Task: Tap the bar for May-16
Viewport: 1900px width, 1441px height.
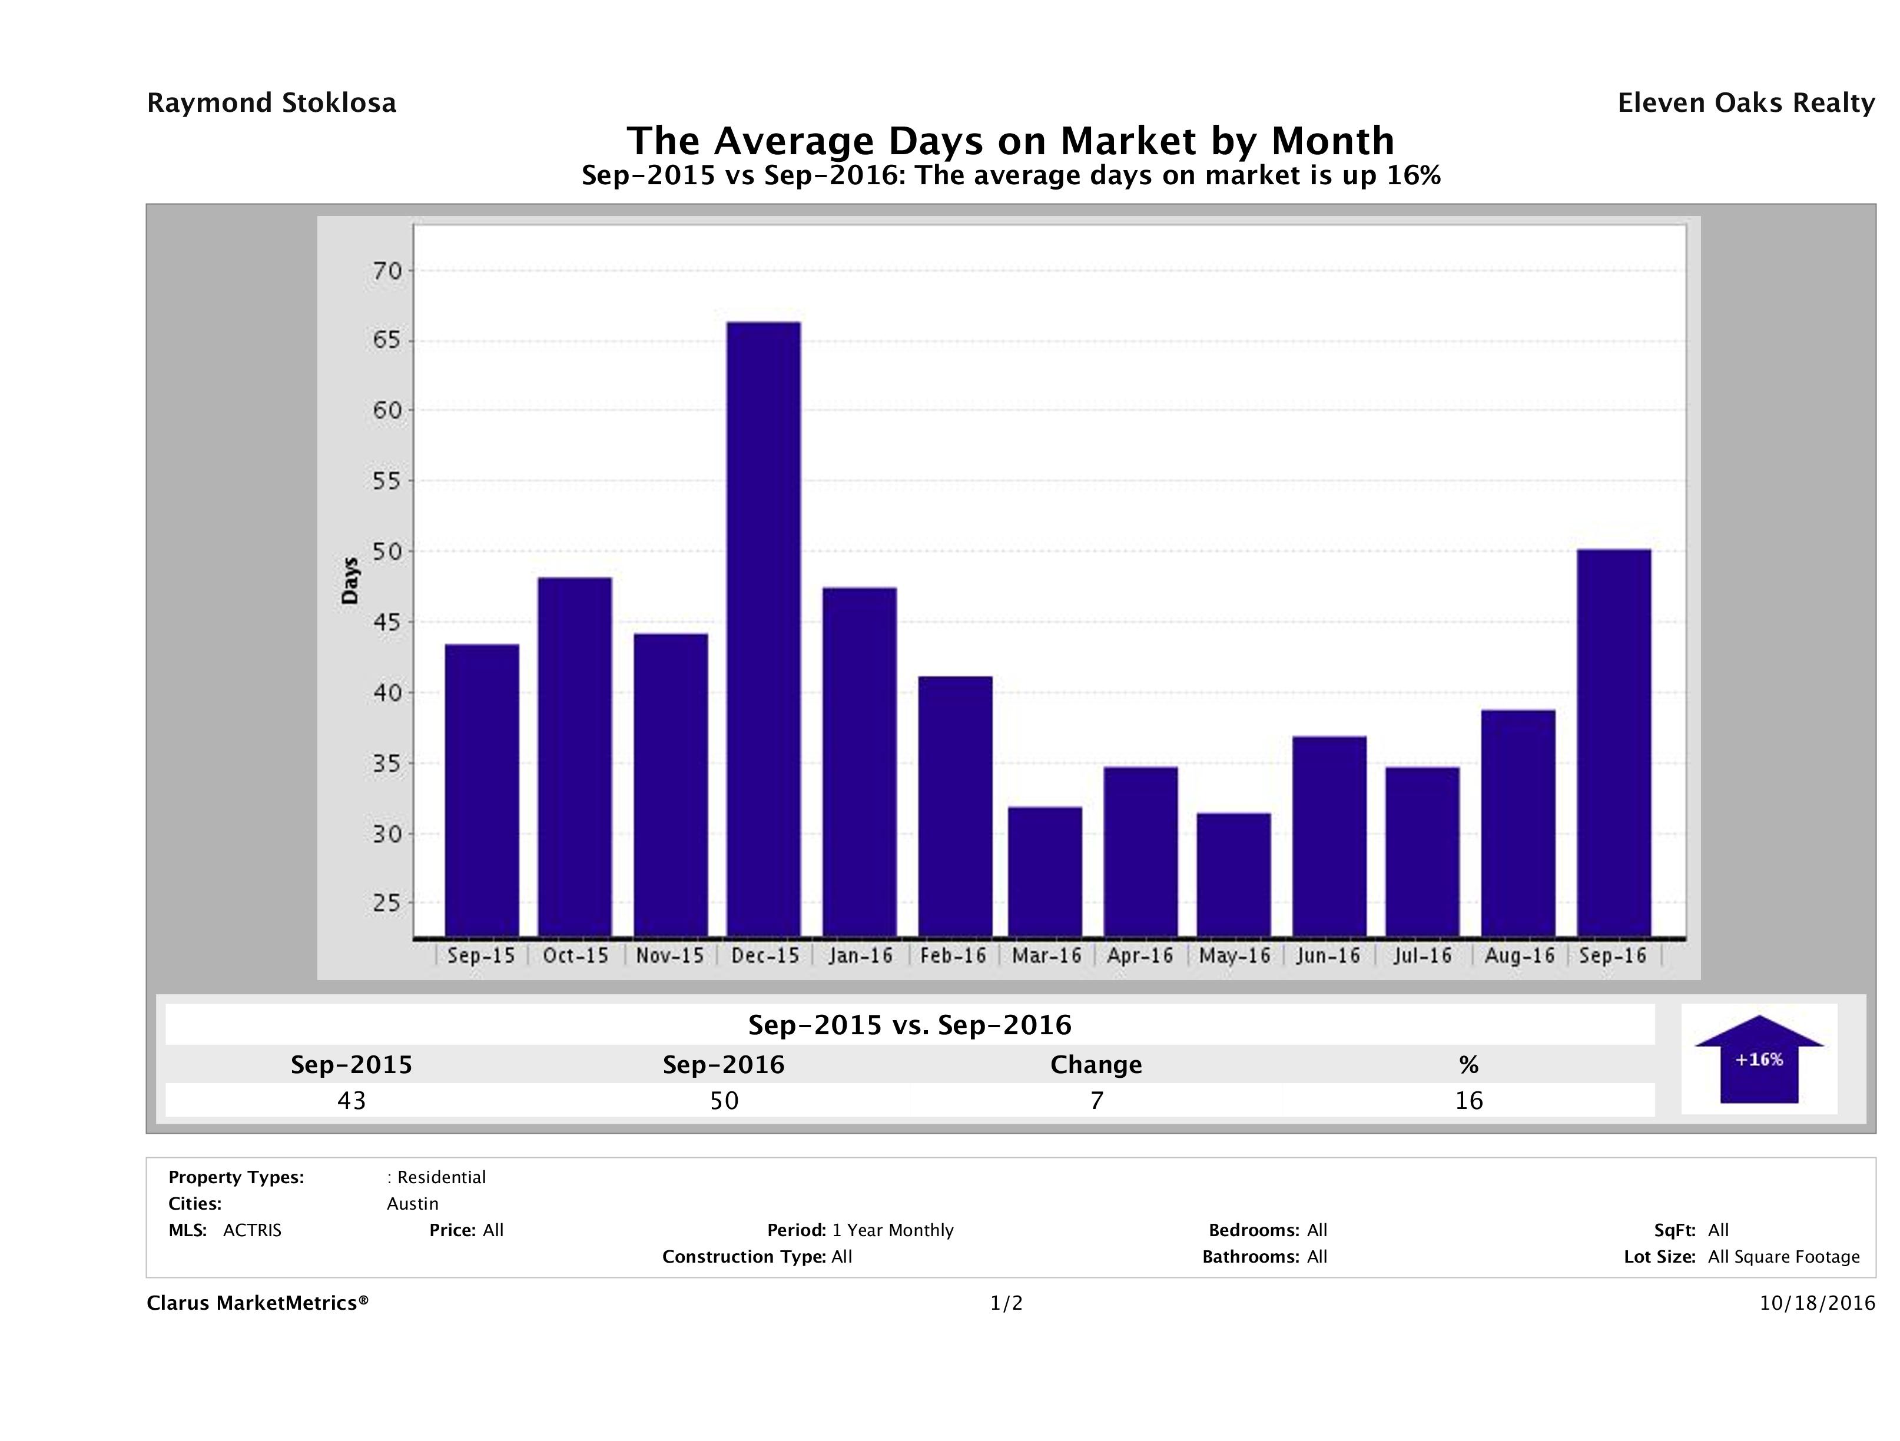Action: pyautogui.click(x=1233, y=874)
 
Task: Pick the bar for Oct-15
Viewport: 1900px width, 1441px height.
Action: pyautogui.click(x=575, y=756)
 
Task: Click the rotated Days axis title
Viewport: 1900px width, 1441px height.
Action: pyautogui.click(x=350, y=582)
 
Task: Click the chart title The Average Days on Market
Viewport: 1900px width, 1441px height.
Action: pyautogui.click(x=1010, y=141)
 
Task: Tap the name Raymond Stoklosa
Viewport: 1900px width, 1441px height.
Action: pyautogui.click(x=271, y=103)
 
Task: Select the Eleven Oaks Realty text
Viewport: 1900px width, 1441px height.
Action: pyautogui.click(x=1745, y=103)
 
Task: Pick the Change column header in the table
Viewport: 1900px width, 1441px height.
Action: pyautogui.click(x=1096, y=1065)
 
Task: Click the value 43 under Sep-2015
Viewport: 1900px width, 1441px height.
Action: pyautogui.click(x=352, y=1101)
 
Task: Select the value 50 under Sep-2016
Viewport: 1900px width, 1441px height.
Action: pyautogui.click(x=724, y=1101)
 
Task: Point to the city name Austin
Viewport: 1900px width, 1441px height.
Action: pyautogui.click(x=412, y=1204)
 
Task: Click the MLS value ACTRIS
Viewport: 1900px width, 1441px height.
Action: pyautogui.click(x=251, y=1231)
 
